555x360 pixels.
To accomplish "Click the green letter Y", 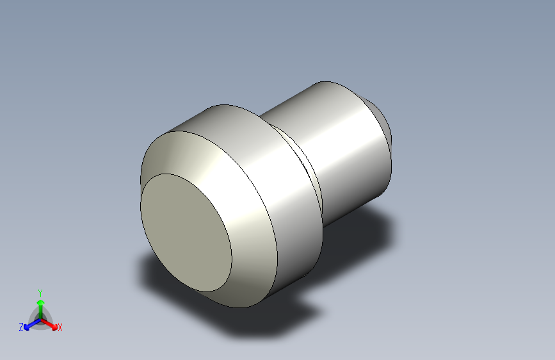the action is (40, 293).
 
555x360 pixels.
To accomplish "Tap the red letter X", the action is (60, 327).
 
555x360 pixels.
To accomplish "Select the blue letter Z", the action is (21, 327).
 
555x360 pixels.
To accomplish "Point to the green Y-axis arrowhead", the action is (41, 302).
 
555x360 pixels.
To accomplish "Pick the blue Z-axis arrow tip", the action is (26, 328).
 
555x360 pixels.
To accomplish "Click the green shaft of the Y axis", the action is (41, 312).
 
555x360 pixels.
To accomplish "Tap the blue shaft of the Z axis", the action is (35, 323).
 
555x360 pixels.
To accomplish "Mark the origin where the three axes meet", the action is (41, 320).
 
